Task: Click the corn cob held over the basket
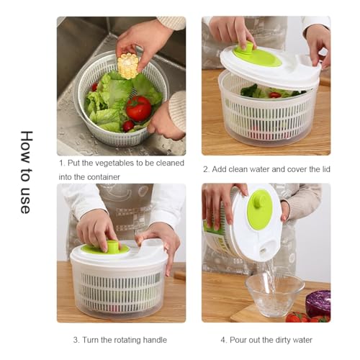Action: (128, 66)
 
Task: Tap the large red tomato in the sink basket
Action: (139, 108)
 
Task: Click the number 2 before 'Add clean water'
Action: (205, 169)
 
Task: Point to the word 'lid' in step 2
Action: (323, 169)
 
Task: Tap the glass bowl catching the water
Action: (274, 294)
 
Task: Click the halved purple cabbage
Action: (318, 303)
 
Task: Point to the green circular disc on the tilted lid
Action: (259, 210)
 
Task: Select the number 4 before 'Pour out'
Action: (222, 340)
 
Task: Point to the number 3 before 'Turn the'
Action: (76, 340)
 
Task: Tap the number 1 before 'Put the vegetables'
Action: (61, 162)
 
